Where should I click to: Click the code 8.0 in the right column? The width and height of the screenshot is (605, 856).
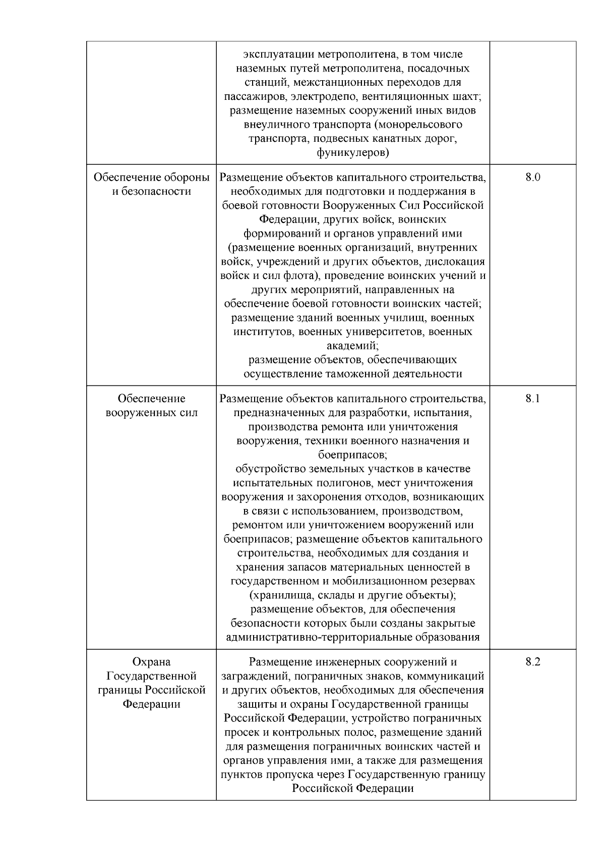tap(532, 178)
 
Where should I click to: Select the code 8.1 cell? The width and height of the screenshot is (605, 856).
tap(532, 398)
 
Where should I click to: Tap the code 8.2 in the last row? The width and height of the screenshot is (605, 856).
tap(532, 662)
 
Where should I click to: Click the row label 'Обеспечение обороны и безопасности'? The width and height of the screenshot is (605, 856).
tap(151, 184)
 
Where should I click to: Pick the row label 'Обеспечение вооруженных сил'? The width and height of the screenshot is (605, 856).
tap(151, 406)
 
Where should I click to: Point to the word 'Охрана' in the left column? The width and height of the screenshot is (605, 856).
tap(151, 662)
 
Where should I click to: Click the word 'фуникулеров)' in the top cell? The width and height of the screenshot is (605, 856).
tap(353, 152)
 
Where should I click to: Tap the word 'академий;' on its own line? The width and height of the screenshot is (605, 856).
tap(353, 346)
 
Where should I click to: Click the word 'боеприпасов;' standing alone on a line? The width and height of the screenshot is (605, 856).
tap(353, 454)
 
